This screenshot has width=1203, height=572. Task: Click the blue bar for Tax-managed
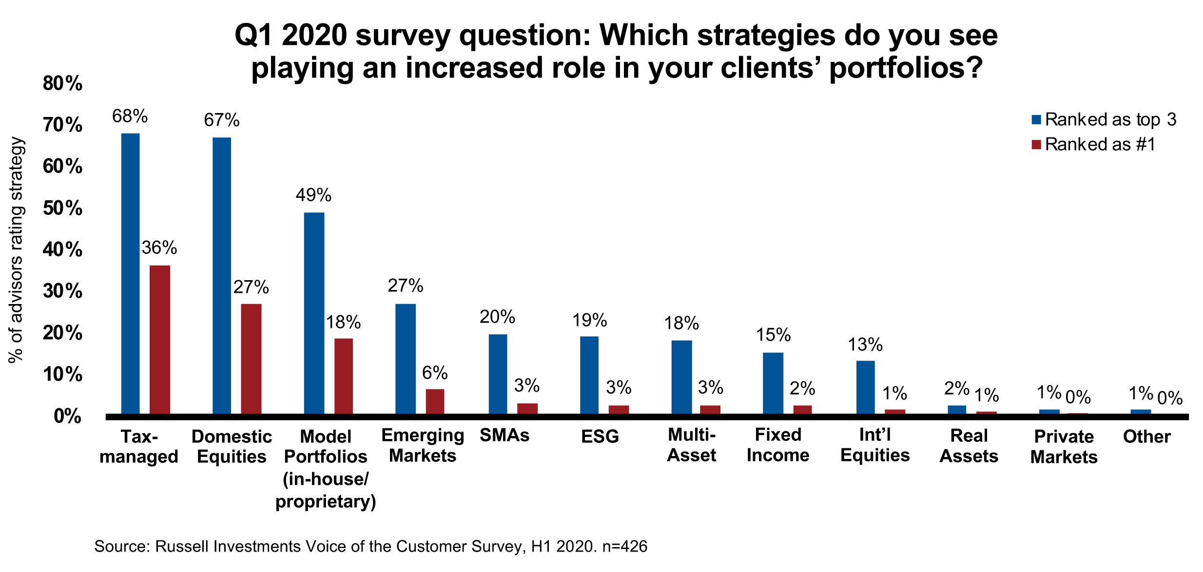(x=130, y=273)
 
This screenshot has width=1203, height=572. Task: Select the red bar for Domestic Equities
(x=251, y=359)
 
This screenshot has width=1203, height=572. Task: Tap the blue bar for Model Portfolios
(x=314, y=313)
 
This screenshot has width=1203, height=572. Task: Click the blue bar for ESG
(x=589, y=375)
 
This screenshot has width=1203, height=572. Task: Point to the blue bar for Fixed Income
(x=773, y=383)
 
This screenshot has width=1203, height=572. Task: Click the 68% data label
(x=130, y=116)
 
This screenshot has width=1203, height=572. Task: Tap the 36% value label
(x=159, y=248)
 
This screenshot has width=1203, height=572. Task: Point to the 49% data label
(x=313, y=195)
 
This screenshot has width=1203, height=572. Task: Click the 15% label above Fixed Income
(x=773, y=335)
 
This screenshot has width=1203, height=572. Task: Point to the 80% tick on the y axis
(x=63, y=83)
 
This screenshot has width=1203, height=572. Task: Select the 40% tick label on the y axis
(x=63, y=250)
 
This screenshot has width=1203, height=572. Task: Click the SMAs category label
(x=504, y=435)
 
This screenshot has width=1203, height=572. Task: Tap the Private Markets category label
(x=1064, y=446)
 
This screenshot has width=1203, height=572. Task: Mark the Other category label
(x=1146, y=437)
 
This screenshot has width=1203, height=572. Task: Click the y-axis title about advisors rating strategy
(x=16, y=250)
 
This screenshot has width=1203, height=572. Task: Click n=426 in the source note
(x=625, y=546)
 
